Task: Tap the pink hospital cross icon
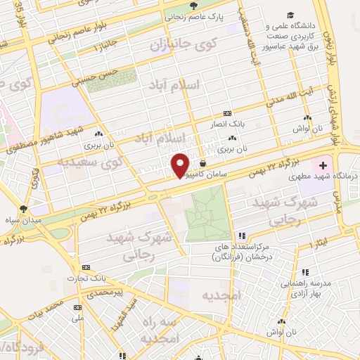tap(323, 167)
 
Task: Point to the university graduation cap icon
tap(290, 16)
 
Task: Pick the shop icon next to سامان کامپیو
tap(202, 163)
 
